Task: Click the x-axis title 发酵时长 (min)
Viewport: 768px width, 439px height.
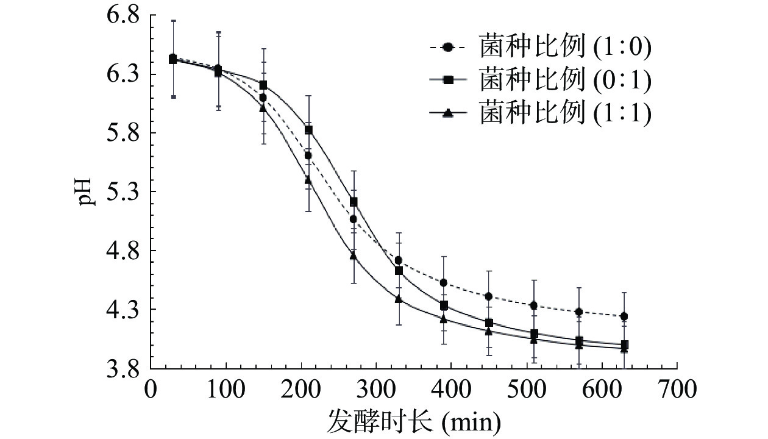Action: [414, 419]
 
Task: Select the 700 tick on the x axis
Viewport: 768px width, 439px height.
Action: [677, 388]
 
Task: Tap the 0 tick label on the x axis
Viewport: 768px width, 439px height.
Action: [151, 388]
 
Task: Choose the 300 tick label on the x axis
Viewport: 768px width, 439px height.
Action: [376, 388]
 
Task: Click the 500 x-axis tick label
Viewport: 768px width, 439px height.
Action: [527, 388]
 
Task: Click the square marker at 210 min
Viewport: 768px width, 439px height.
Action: [308, 130]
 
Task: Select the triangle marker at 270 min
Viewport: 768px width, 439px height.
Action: [354, 255]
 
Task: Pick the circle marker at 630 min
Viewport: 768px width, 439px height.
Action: [624, 316]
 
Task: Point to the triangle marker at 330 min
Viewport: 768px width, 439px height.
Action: [399, 299]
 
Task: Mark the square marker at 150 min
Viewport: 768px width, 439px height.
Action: [263, 85]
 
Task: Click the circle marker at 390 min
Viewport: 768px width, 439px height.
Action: [444, 282]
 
